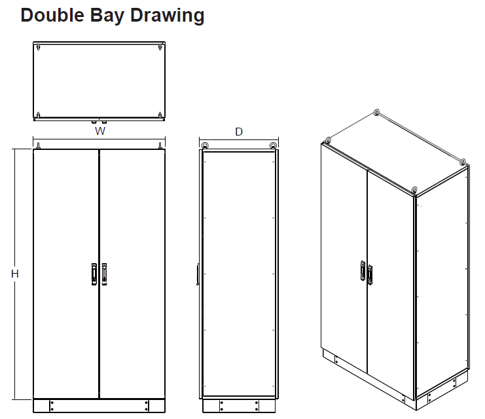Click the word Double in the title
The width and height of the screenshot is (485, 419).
point(52,15)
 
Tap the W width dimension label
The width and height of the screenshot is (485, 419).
point(100,131)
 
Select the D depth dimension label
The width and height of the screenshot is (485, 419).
point(239,132)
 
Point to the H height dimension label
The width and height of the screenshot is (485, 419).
point(15,274)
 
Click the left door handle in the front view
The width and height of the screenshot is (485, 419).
point(94,274)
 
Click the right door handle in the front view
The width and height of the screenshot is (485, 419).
point(104,274)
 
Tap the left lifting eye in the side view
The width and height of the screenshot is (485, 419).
point(204,145)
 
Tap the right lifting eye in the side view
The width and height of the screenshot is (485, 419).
point(273,145)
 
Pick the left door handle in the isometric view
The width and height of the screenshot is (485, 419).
point(363,270)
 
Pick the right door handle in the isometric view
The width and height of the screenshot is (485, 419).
point(370,274)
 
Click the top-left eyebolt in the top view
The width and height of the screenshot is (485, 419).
point(38,47)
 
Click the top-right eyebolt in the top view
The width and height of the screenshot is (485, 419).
point(160,47)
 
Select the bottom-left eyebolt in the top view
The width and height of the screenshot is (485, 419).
point(38,115)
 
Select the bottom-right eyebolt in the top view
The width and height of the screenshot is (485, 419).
point(160,115)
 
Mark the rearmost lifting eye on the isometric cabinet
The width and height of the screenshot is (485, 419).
point(376,113)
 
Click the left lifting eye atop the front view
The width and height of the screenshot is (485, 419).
point(38,145)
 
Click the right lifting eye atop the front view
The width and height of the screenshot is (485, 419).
point(160,145)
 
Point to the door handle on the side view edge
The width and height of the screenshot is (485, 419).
point(198,274)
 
